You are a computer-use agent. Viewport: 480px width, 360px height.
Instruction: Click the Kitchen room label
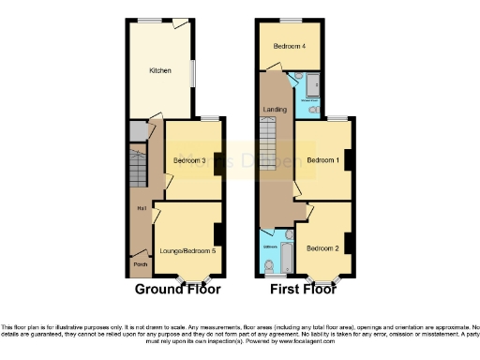click(x=160, y=70)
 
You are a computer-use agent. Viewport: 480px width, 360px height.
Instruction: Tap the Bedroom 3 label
click(x=189, y=160)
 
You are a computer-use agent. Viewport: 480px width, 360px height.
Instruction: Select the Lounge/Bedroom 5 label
click(x=187, y=250)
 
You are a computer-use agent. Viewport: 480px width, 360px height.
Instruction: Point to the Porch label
click(x=140, y=264)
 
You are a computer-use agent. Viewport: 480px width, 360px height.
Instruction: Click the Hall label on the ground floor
click(x=141, y=207)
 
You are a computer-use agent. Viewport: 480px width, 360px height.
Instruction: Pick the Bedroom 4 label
click(x=289, y=46)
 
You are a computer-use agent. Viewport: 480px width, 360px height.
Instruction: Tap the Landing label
click(x=275, y=110)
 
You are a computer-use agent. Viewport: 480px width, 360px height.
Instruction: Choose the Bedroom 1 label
click(x=322, y=160)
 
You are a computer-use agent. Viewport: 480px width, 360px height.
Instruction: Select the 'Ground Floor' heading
click(x=172, y=290)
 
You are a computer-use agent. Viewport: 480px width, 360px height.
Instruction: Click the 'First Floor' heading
click(x=302, y=290)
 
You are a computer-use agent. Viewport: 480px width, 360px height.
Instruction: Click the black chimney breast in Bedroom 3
click(x=218, y=162)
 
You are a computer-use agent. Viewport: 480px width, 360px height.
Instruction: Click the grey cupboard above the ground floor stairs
click(x=138, y=132)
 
